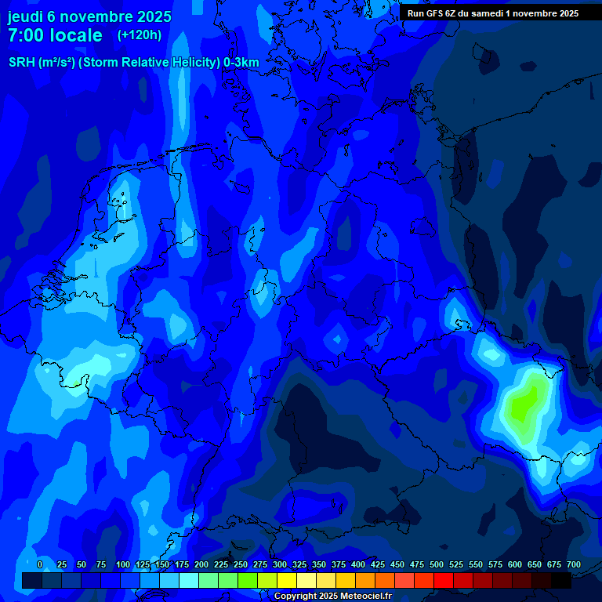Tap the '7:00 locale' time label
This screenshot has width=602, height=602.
pos(55,35)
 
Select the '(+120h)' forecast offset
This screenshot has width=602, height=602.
pos(140,35)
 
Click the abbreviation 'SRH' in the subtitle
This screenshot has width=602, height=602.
pos(23,63)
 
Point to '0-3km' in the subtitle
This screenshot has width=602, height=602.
pos(241,63)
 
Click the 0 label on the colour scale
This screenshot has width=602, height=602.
pos(40,564)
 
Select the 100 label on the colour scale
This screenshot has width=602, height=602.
pos(123,564)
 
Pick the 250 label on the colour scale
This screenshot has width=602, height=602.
pos(241,564)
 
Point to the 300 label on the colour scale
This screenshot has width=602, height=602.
pos(280,564)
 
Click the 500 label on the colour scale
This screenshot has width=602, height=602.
pos(437,564)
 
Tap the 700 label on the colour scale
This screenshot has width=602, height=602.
pos(574,564)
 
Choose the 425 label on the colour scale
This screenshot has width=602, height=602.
pos(378,564)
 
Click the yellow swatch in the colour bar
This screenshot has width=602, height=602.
pos(287,580)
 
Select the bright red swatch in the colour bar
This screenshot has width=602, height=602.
pos(444,580)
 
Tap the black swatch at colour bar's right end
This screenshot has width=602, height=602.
pos(561,580)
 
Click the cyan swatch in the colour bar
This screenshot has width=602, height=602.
pos(189,580)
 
